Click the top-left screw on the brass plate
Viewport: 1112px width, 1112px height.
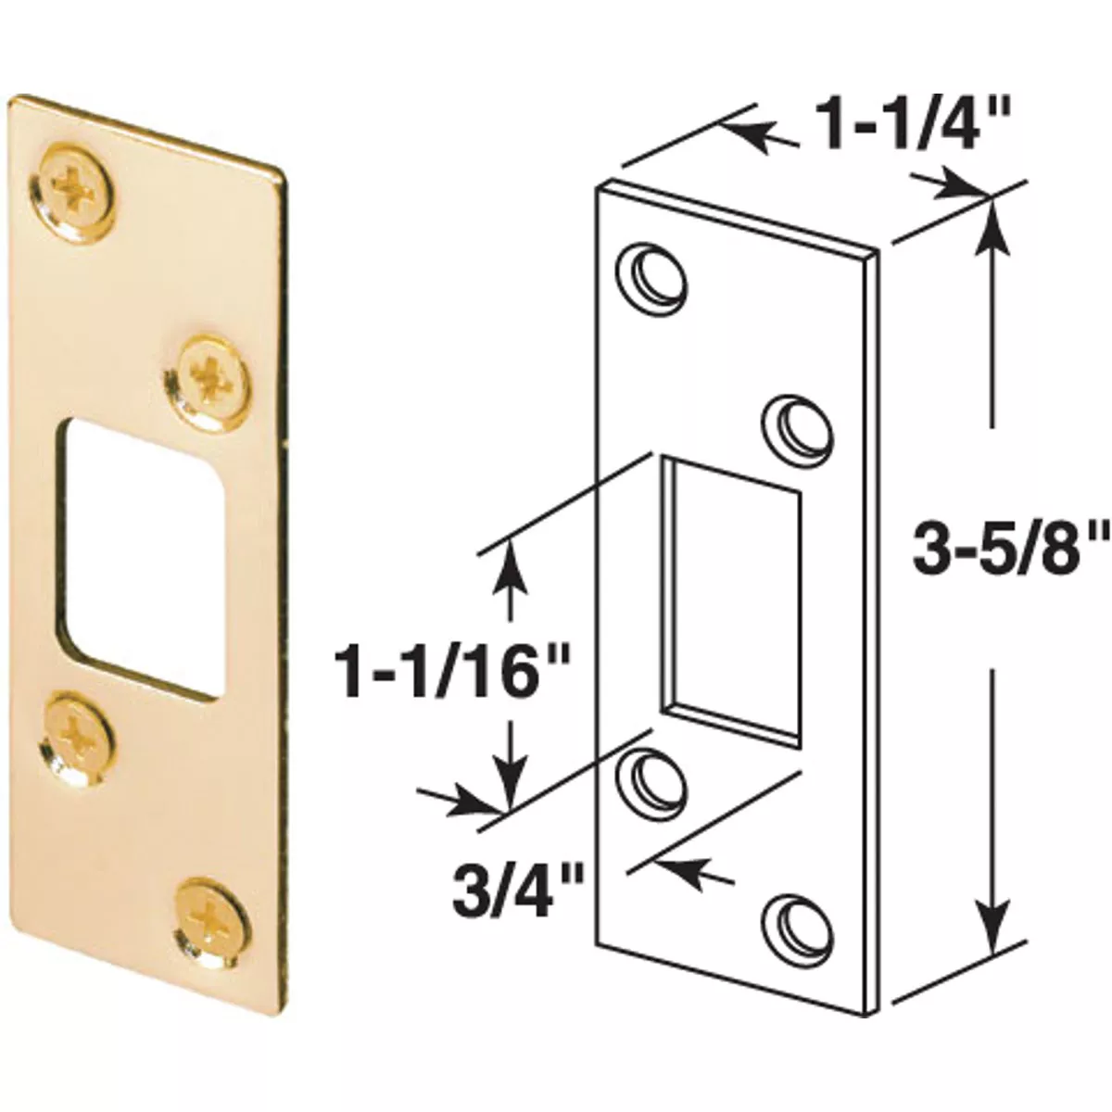point(71,193)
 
